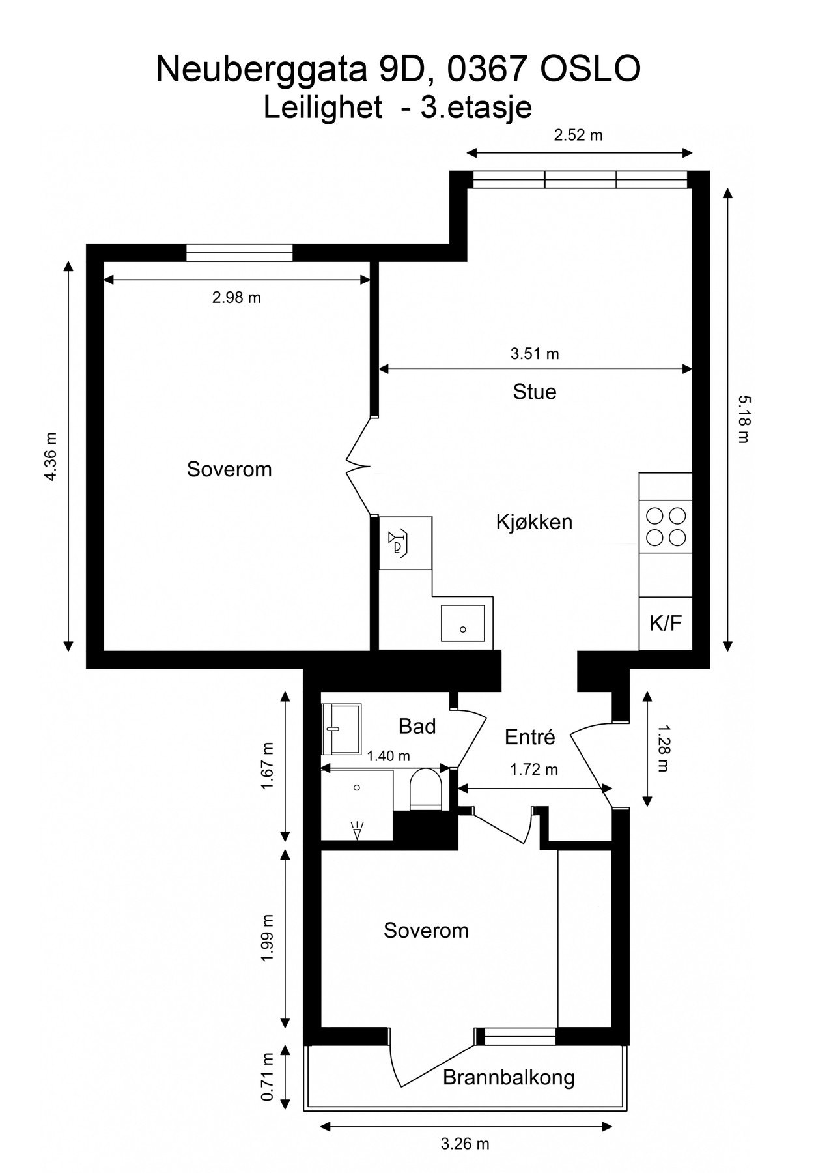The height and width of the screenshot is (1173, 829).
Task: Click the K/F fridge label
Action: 665,623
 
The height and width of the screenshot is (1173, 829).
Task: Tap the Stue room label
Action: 535,392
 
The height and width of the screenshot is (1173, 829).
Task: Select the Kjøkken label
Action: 534,522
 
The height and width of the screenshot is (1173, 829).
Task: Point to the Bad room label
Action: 417,726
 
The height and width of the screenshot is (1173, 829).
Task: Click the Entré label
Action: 530,736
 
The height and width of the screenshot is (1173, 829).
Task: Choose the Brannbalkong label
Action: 509,1077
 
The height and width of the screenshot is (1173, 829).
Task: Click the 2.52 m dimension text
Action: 578,135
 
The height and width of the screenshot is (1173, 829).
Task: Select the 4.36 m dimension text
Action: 51,457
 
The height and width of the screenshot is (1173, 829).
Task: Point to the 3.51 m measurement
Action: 535,354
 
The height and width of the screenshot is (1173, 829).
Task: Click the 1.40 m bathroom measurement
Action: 388,756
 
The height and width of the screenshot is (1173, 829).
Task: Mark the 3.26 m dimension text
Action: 465,1144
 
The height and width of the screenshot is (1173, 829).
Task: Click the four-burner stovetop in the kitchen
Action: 666,527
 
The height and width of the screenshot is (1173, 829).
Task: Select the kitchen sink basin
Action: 462,622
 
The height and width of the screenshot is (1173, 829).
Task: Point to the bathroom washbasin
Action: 342,729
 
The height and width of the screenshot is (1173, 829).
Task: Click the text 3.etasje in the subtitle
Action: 476,107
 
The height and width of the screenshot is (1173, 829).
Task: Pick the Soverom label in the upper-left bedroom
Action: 229,469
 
